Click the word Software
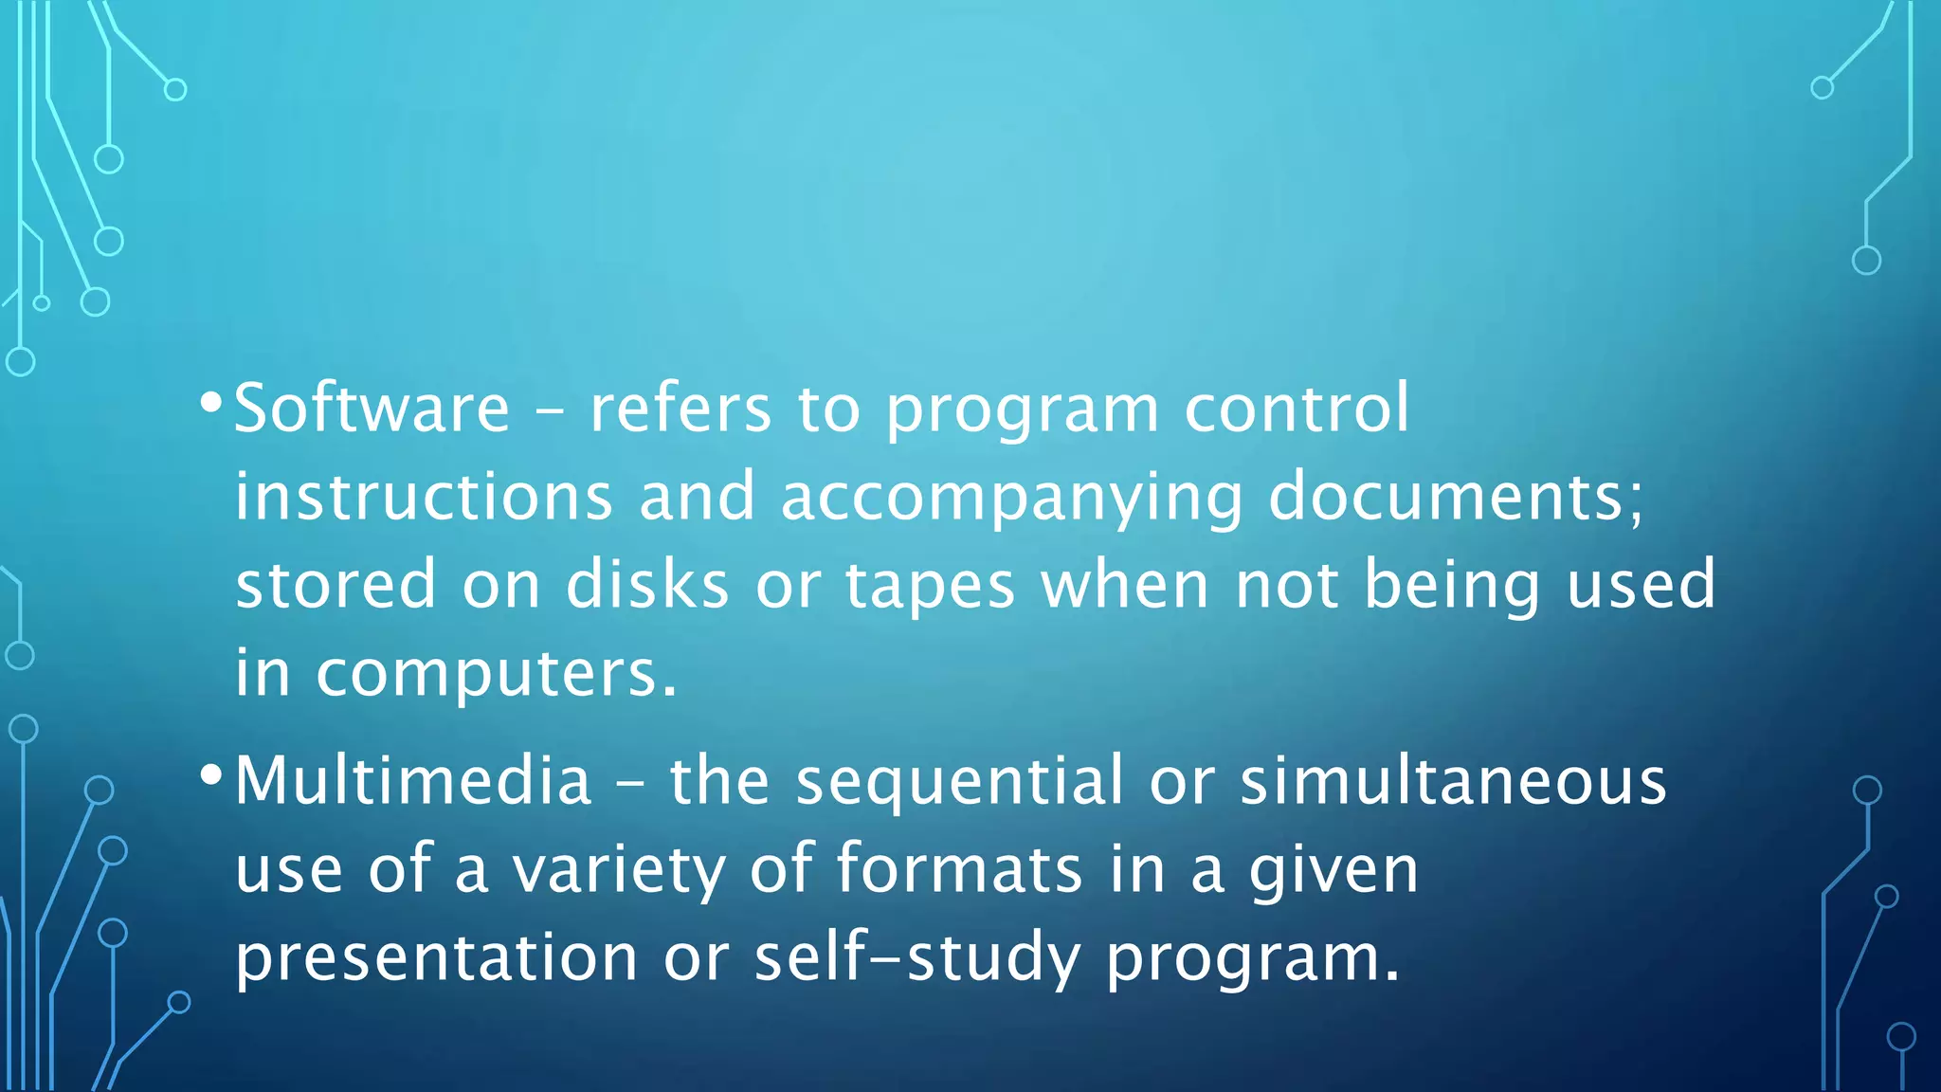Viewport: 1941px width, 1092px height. point(372,409)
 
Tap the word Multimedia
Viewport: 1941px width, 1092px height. point(413,781)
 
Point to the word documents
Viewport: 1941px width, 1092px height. point(1455,497)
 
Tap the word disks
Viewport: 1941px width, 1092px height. point(647,585)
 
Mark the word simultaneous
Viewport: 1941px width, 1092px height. point(1453,781)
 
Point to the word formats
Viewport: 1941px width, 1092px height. point(959,869)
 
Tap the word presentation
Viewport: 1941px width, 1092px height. point(436,958)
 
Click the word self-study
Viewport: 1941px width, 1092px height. point(917,958)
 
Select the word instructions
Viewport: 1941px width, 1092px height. point(424,497)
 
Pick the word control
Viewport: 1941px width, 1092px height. point(1297,409)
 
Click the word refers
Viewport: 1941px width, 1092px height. point(680,409)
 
